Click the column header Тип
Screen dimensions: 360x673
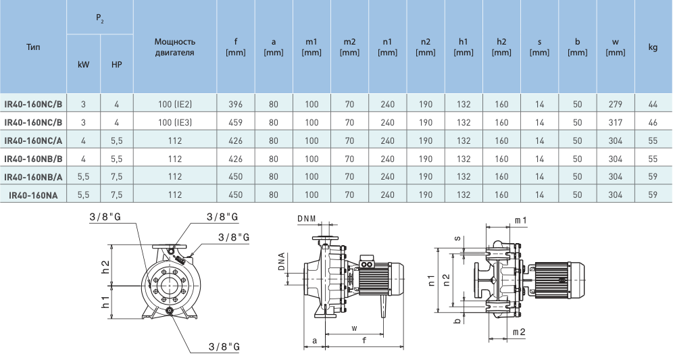pos(33,48)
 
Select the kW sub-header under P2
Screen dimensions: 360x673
pos(83,67)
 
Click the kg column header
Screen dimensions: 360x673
pos(653,47)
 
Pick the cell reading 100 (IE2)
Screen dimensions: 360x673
pos(175,104)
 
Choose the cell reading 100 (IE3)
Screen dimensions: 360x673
pos(175,122)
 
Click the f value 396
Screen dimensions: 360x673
pos(235,104)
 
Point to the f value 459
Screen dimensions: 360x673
pos(235,122)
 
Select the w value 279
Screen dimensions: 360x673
pos(615,104)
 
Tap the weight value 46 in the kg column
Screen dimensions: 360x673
pos(653,122)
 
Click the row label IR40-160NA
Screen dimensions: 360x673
pos(33,195)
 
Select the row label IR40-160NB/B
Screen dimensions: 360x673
pos(33,159)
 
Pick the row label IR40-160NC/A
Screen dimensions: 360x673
pos(33,140)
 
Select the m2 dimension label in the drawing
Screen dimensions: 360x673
pos(519,332)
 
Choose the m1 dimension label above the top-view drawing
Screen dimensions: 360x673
pos(521,221)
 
